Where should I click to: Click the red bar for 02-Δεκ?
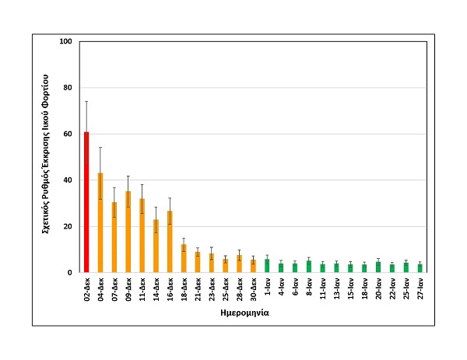(86, 202)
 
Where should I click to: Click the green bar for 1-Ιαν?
(267, 266)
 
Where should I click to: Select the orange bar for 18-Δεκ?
(184, 259)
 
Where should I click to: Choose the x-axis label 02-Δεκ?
(86, 289)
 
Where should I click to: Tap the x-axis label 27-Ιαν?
(420, 288)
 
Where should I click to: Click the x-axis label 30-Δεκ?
(252, 289)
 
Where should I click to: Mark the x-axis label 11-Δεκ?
(142, 289)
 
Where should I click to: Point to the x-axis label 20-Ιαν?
(378, 288)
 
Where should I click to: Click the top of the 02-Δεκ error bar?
(86, 101)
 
